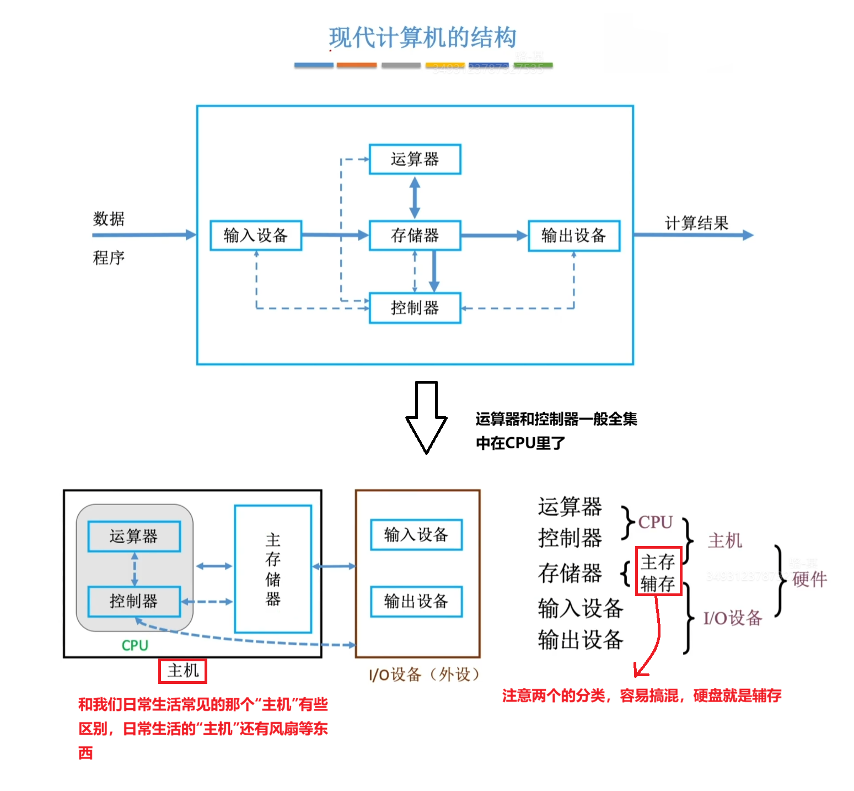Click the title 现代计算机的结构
(x=422, y=38)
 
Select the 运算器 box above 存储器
(x=415, y=160)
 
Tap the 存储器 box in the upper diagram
(x=415, y=236)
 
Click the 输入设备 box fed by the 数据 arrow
(x=256, y=236)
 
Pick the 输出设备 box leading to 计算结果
(x=574, y=236)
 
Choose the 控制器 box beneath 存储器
(x=415, y=308)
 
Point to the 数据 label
(x=109, y=219)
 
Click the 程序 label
(x=109, y=258)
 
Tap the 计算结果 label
(x=696, y=223)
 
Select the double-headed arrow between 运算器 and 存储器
(x=415, y=197)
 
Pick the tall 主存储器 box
(x=273, y=569)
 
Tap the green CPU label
(x=135, y=645)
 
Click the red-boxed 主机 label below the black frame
(x=182, y=671)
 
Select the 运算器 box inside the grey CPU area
(x=134, y=536)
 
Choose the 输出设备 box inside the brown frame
(x=416, y=601)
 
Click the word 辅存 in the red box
(x=658, y=583)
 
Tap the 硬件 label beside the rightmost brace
(x=809, y=579)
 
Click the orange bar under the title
(x=357, y=65)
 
